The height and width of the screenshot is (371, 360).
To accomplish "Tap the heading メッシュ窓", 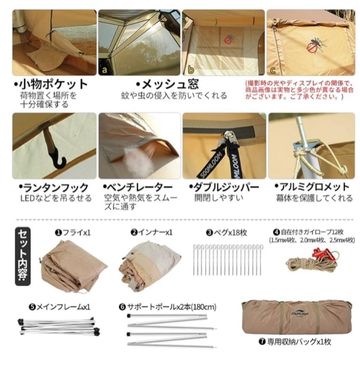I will [167, 85].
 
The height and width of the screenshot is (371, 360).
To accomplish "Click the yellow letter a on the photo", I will [103, 70].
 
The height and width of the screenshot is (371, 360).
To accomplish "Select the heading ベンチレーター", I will [138, 188].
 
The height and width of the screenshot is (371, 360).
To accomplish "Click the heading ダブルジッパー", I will [224, 188].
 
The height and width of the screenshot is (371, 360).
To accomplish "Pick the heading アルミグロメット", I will [312, 188].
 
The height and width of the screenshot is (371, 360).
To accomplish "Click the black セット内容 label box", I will [23, 256].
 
